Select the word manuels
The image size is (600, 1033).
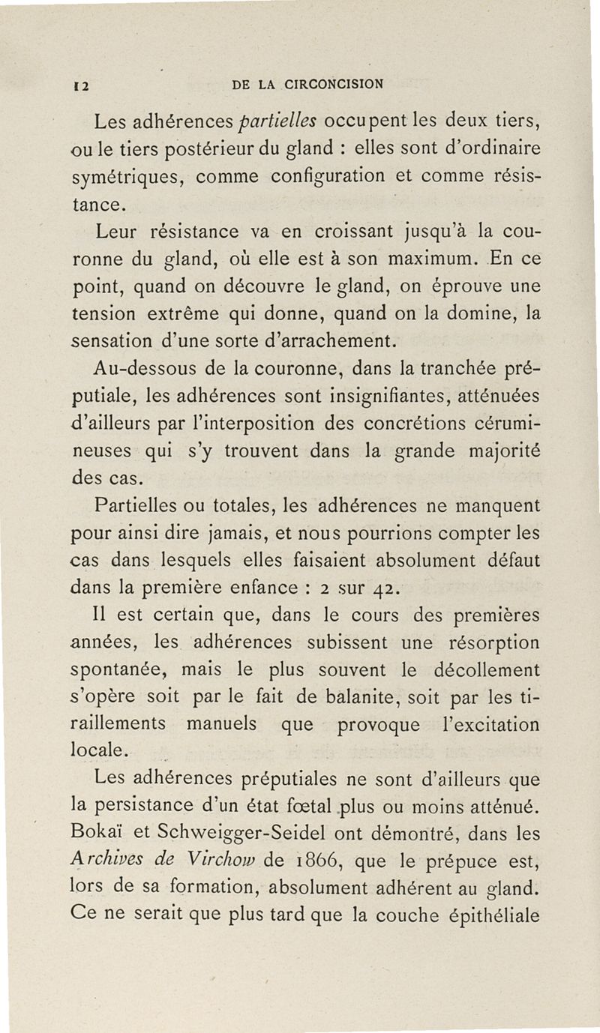[230, 726]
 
